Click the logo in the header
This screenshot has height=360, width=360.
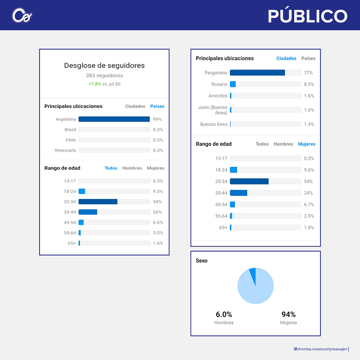coord(22,15)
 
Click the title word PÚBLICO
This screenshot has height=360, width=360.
coord(307,16)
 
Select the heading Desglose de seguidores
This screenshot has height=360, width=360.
coord(104,65)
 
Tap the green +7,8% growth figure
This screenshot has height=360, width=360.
coord(95,84)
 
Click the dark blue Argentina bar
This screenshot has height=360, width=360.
coord(114,119)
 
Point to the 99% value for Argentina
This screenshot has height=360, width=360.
coord(157,119)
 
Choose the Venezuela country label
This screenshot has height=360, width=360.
coord(65,151)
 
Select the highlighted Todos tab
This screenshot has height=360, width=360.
coord(111,168)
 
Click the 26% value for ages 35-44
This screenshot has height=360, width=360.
coord(157,212)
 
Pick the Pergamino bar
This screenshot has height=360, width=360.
coord(257,73)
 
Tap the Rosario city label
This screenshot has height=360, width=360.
coord(219,84)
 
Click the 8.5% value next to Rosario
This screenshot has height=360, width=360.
coord(309,84)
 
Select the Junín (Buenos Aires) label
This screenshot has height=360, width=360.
coord(213,110)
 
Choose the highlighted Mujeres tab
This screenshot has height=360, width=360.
coord(307,144)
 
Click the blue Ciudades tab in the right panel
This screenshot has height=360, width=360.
coord(286,58)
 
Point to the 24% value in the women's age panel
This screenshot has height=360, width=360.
coord(308,193)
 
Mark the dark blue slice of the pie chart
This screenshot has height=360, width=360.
coord(253,274)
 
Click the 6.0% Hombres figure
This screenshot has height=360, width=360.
coord(224,314)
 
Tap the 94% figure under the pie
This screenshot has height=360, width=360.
coord(288,314)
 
